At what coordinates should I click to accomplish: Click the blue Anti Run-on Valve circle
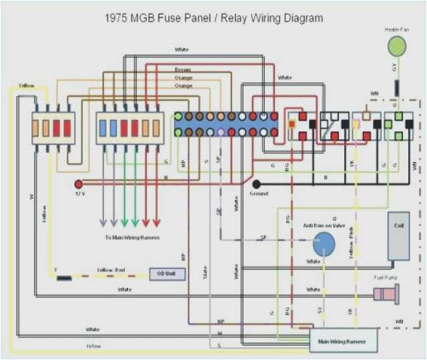coord(324,244)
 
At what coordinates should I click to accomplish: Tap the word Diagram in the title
coord(300,18)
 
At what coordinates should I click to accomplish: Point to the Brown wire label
coord(183,69)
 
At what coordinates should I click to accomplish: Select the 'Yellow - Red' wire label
coord(111,270)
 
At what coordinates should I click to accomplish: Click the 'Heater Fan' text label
coord(396,29)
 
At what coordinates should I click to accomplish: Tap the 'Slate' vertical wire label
coord(205,272)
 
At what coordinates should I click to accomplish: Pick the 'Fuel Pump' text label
coord(386,276)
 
